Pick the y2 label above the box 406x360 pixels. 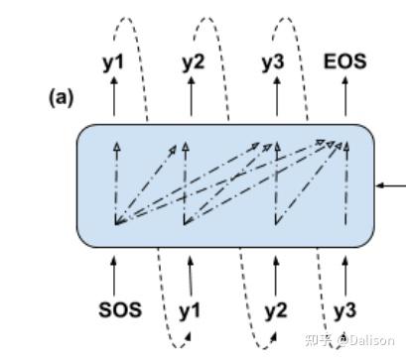(193, 62)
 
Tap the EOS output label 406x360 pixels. (344, 61)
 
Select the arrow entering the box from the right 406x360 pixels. (391, 184)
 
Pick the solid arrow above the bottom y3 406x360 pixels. (344, 273)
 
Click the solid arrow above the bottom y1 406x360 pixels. (190, 273)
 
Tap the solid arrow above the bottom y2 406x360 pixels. (275, 273)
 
